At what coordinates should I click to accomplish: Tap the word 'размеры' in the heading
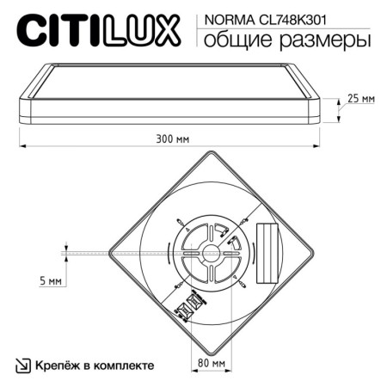(x=320, y=40)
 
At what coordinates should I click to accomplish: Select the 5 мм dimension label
(x=50, y=281)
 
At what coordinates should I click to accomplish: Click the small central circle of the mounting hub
(x=209, y=253)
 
